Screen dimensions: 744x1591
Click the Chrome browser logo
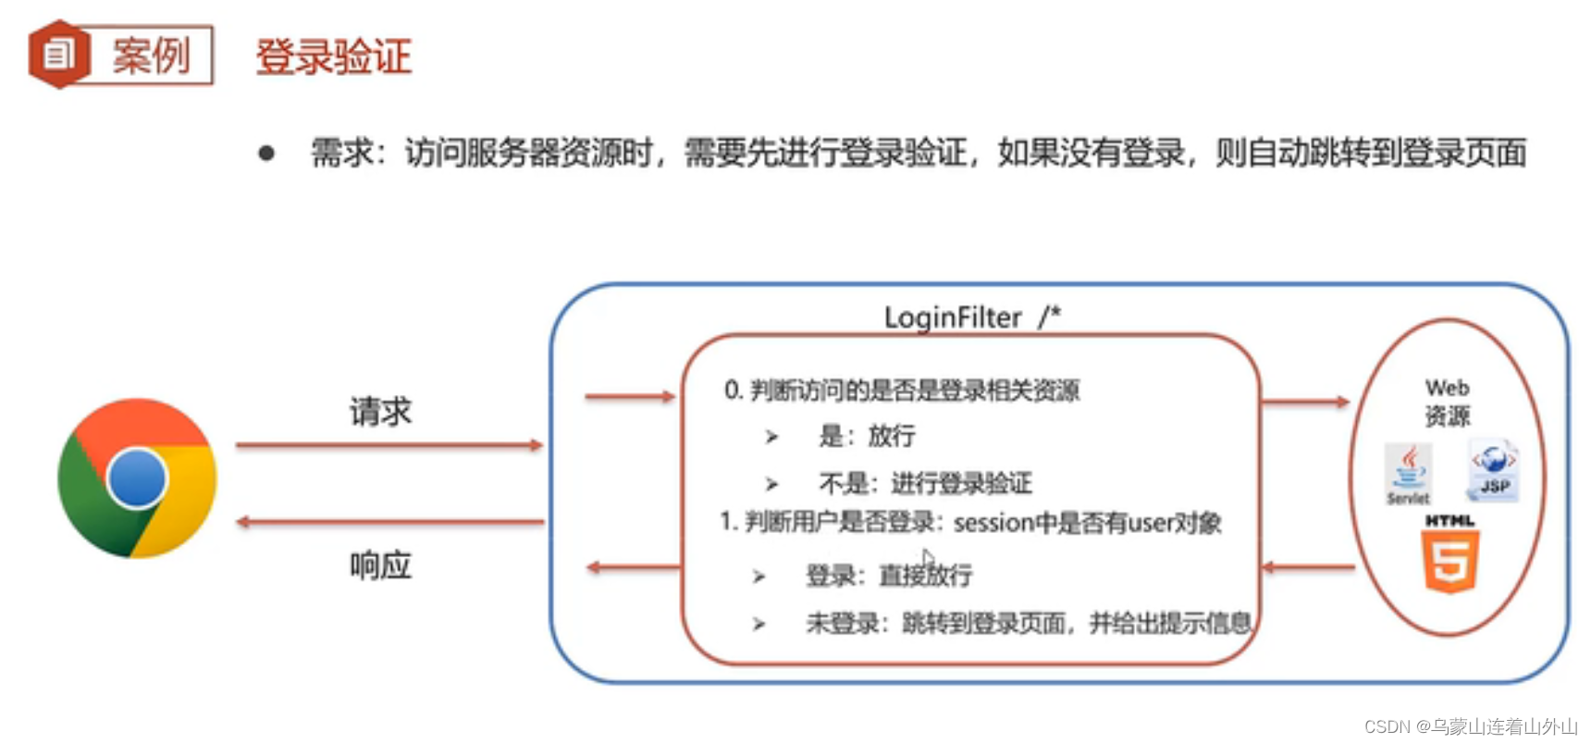coord(137,478)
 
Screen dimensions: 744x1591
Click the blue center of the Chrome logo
coord(137,477)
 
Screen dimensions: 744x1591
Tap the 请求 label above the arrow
coord(380,412)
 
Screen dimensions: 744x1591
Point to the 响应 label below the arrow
coord(380,564)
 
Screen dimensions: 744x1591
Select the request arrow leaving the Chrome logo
coord(388,445)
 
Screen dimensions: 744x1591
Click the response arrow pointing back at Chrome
coord(388,522)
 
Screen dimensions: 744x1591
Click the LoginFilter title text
coord(953,317)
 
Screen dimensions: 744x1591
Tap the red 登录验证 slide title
coord(333,56)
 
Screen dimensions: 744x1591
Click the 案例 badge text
coord(151,56)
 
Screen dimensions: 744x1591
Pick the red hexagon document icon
coord(58,55)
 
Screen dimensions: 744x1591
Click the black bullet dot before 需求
coord(266,154)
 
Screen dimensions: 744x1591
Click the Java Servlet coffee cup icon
coord(1408,473)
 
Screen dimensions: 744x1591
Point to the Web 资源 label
coord(1447,402)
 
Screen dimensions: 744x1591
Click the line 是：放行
coord(867,436)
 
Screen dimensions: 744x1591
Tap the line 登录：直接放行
coord(888,576)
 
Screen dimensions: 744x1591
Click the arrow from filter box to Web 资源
coord(1304,402)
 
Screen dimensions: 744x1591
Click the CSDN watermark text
coord(1470,727)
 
